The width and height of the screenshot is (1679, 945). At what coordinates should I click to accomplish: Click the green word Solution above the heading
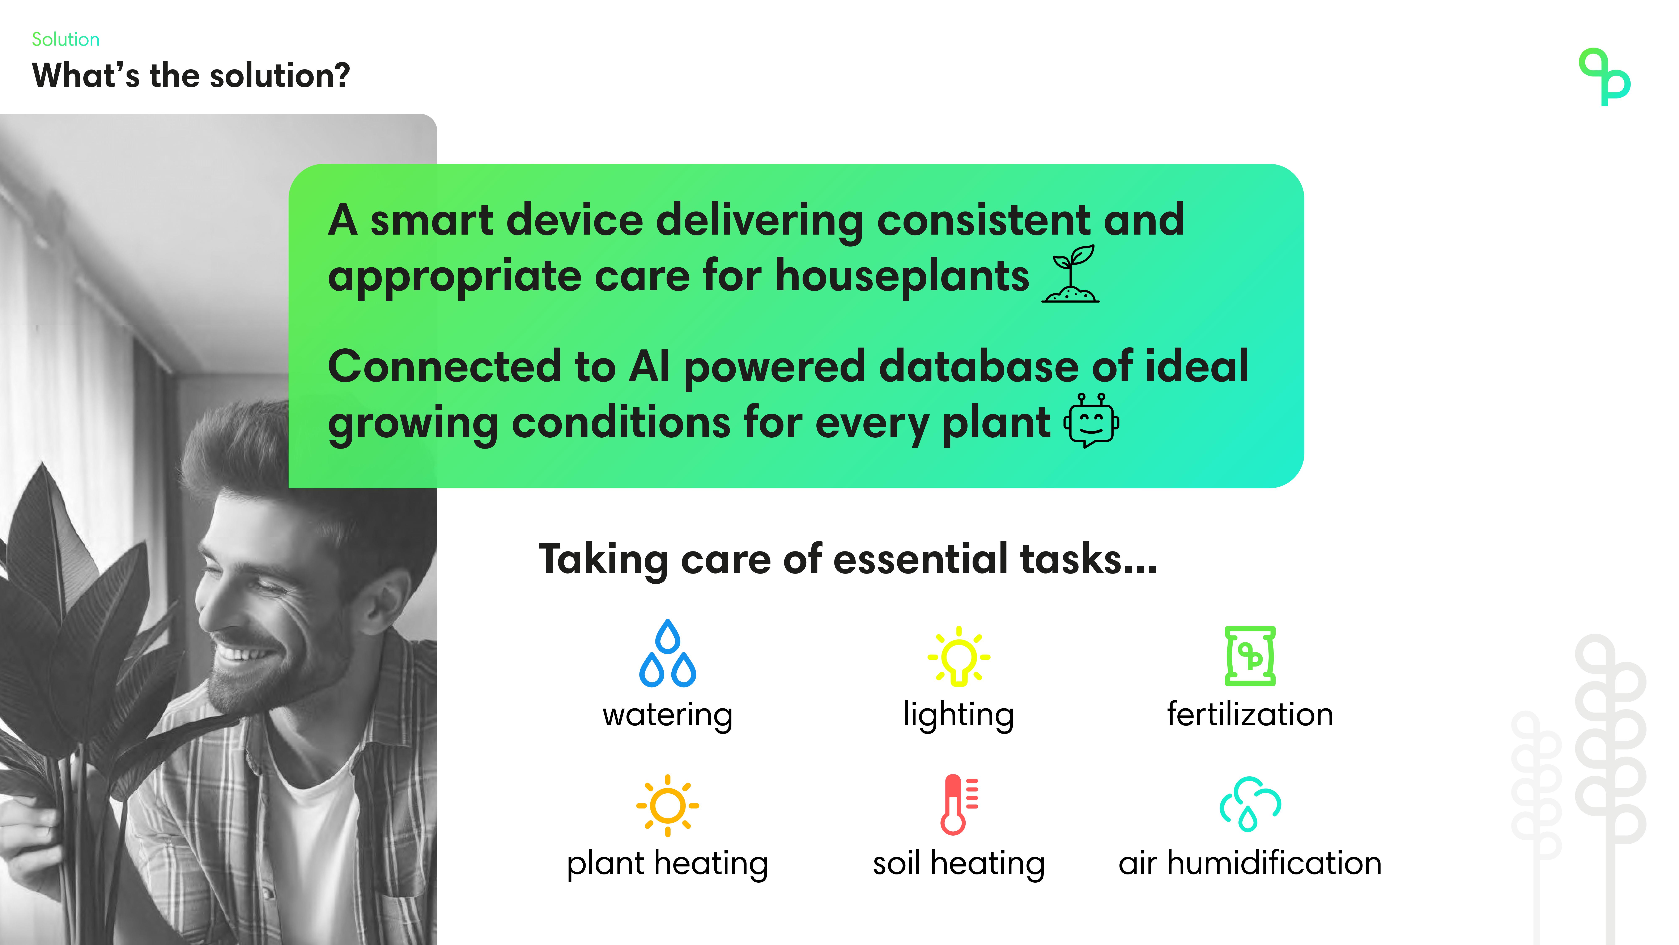coord(66,40)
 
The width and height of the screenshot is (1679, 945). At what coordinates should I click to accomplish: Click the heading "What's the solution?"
coord(191,76)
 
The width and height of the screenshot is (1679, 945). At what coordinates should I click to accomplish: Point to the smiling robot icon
coord(1092,421)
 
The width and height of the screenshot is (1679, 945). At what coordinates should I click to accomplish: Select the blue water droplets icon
coord(667,654)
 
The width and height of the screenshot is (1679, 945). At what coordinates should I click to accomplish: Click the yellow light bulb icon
coord(959,656)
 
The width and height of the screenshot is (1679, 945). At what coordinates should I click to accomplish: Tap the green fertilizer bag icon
coord(1250,656)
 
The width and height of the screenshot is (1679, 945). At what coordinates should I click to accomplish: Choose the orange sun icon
coord(667,805)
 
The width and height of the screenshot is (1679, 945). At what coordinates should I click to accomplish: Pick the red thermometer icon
coord(959,805)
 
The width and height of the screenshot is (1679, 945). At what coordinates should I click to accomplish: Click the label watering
coord(667,715)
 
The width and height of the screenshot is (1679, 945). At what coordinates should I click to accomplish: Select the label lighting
coord(959,715)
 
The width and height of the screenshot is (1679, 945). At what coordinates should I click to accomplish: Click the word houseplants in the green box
coord(902,276)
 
